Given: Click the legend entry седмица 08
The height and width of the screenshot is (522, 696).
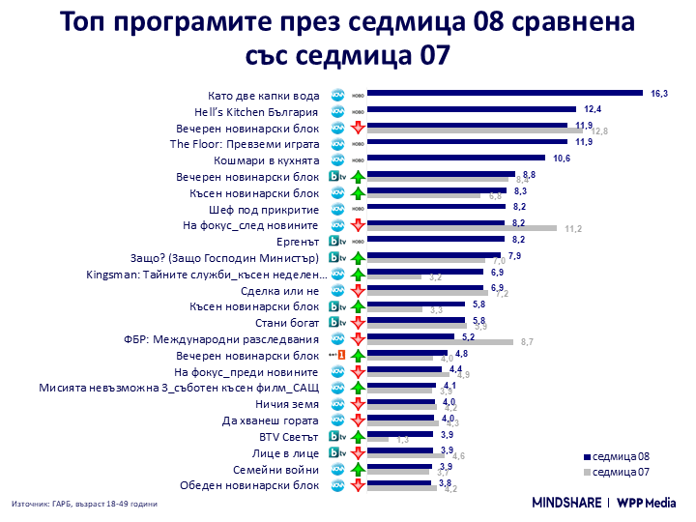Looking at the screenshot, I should (617, 455).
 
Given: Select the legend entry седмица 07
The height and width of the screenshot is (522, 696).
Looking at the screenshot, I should (617, 472).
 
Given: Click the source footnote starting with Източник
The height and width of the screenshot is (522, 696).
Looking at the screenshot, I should (84, 504).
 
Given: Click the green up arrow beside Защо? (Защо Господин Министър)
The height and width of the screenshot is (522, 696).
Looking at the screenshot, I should (357, 258).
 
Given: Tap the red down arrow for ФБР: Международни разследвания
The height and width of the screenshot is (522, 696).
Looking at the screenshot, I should (357, 339).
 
